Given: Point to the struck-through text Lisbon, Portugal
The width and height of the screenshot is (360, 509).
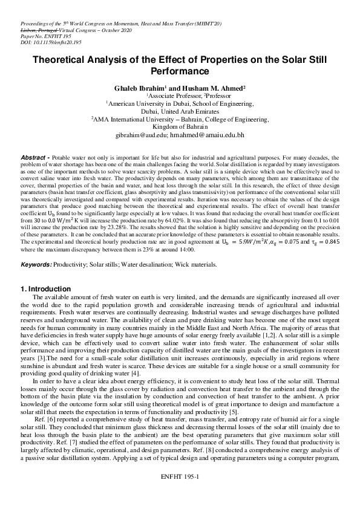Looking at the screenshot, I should click(x=35, y=29).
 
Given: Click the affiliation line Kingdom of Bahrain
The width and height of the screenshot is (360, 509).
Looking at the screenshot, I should click(x=180, y=128).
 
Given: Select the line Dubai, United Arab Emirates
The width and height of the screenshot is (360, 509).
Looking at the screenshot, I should click(x=180, y=112).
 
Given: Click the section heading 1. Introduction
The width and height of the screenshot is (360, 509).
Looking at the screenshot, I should click(x=46, y=289).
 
